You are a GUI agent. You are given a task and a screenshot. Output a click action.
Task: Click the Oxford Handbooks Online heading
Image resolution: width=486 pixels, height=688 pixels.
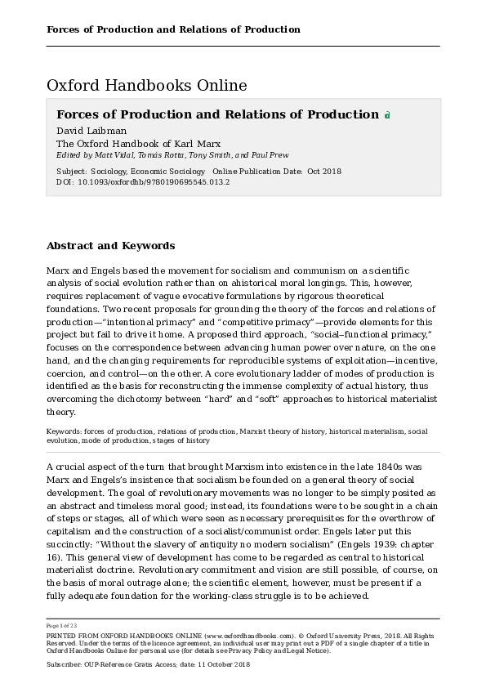click(x=146, y=86)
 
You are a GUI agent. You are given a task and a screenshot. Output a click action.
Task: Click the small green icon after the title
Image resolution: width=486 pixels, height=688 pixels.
click(x=387, y=116)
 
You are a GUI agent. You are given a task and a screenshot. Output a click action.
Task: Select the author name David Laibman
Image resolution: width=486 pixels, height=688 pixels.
click(x=91, y=131)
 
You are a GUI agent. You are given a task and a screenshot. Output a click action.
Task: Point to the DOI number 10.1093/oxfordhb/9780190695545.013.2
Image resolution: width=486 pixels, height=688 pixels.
click(x=154, y=182)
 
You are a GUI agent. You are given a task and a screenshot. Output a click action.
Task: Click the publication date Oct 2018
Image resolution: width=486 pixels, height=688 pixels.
click(x=324, y=172)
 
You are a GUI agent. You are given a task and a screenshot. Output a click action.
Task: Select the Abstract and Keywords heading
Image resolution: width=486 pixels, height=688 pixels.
click(x=110, y=245)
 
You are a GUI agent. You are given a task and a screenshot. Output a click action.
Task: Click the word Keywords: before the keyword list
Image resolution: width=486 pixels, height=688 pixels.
click(x=62, y=431)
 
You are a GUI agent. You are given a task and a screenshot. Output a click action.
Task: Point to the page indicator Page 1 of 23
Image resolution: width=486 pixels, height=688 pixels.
click(x=63, y=626)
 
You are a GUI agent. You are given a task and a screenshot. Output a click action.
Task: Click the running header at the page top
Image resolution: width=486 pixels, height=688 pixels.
click(x=173, y=29)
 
